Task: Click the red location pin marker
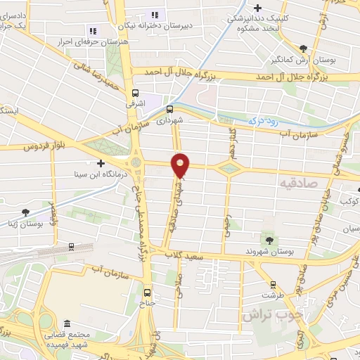[181, 165]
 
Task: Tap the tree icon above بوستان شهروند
[268, 240]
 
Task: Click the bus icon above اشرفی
[135, 93]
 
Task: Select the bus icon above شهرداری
[169, 109]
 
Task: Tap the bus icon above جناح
[148, 292]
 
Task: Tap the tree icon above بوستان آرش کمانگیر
[303, 49]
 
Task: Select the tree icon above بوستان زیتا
[26, 212]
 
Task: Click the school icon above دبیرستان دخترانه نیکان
[155, 14]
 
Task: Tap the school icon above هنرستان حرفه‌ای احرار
[92, 30]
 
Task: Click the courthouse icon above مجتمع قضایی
[67, 323]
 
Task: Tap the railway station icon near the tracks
[71, 246]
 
